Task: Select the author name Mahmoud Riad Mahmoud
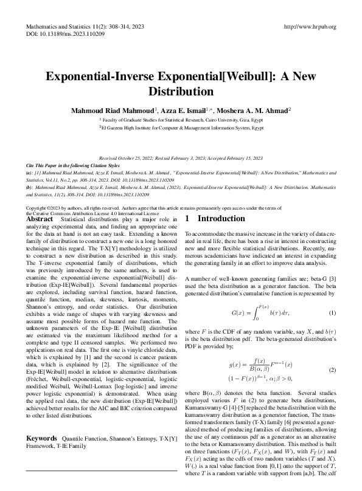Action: click(111, 111)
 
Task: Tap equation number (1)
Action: click(332, 313)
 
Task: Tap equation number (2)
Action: click(332, 370)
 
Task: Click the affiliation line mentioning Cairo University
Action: click(181, 121)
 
